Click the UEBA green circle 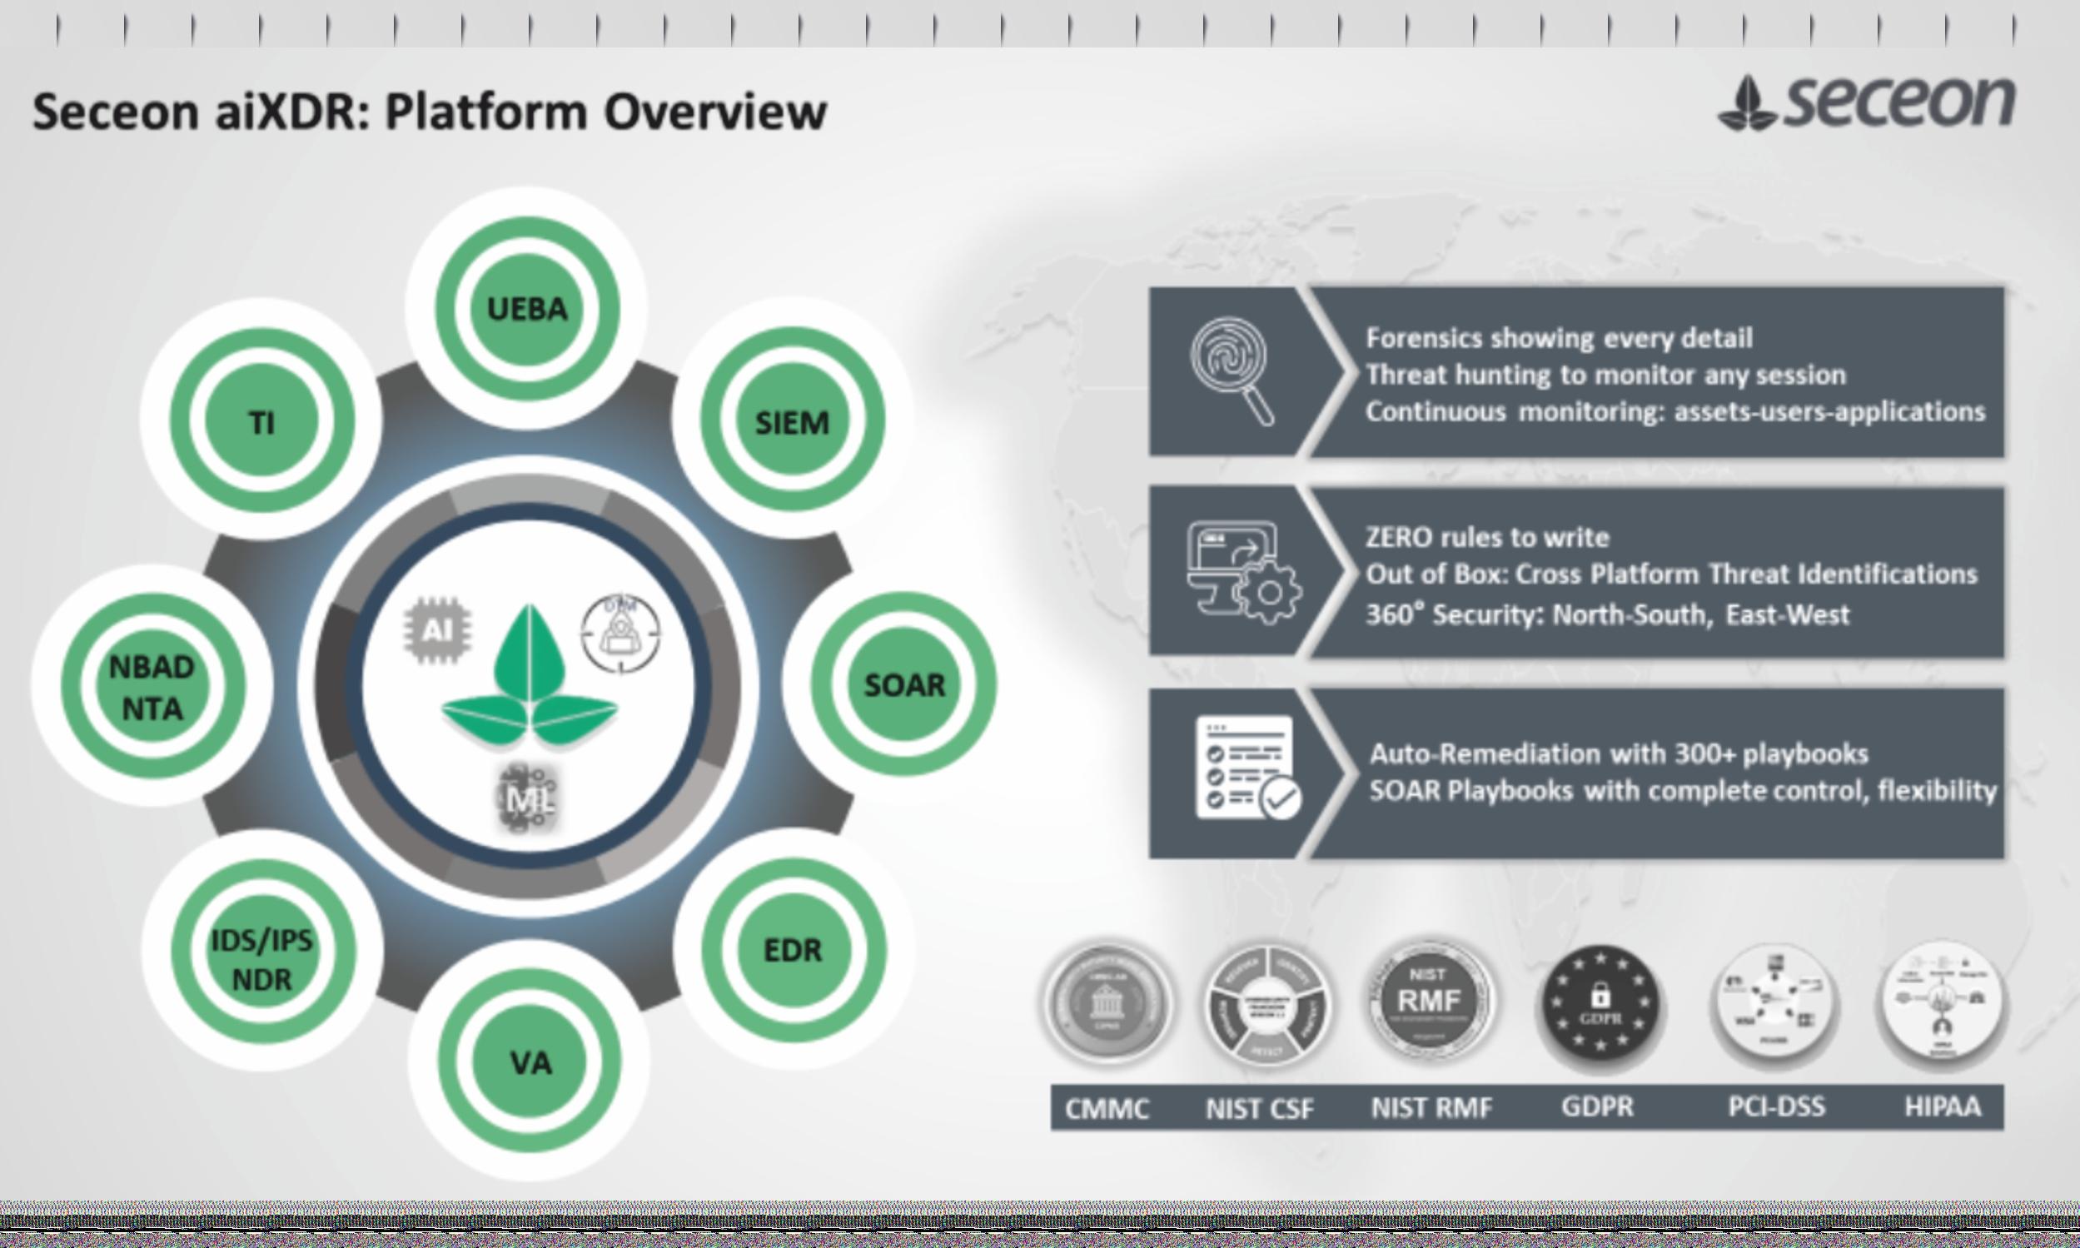(x=527, y=309)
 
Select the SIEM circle (x=792, y=421)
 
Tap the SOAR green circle (x=904, y=684)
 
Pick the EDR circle (x=793, y=949)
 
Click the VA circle (x=530, y=1063)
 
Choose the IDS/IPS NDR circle (x=261, y=960)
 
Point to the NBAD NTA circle (x=152, y=687)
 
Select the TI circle (x=261, y=421)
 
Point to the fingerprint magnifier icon (x=1231, y=370)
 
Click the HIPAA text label (x=1942, y=1106)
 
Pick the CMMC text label (x=1107, y=1108)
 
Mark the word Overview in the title (x=716, y=112)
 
